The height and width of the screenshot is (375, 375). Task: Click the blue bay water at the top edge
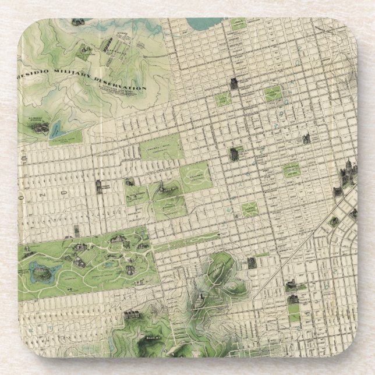click(203, 25)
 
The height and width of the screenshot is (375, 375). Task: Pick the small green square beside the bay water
click(238, 25)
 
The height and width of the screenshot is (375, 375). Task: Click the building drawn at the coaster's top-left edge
click(76, 23)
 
